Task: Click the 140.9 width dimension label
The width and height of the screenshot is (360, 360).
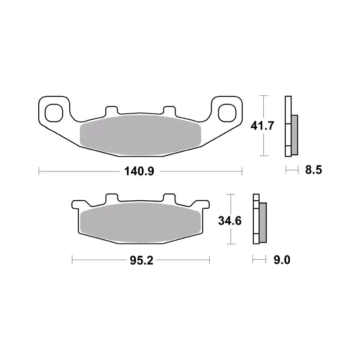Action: click(x=139, y=171)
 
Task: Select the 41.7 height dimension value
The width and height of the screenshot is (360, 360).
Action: click(x=262, y=126)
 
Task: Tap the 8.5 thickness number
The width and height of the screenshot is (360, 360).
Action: click(x=313, y=170)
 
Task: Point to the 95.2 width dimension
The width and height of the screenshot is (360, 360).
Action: click(x=141, y=261)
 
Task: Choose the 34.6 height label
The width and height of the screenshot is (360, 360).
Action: click(x=229, y=221)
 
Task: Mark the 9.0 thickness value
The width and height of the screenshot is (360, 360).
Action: click(x=282, y=260)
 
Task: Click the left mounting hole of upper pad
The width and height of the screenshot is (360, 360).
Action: click(x=54, y=113)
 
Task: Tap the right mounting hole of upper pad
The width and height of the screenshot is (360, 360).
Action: click(x=227, y=113)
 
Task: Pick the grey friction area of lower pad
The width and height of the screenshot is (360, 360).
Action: click(x=141, y=222)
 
